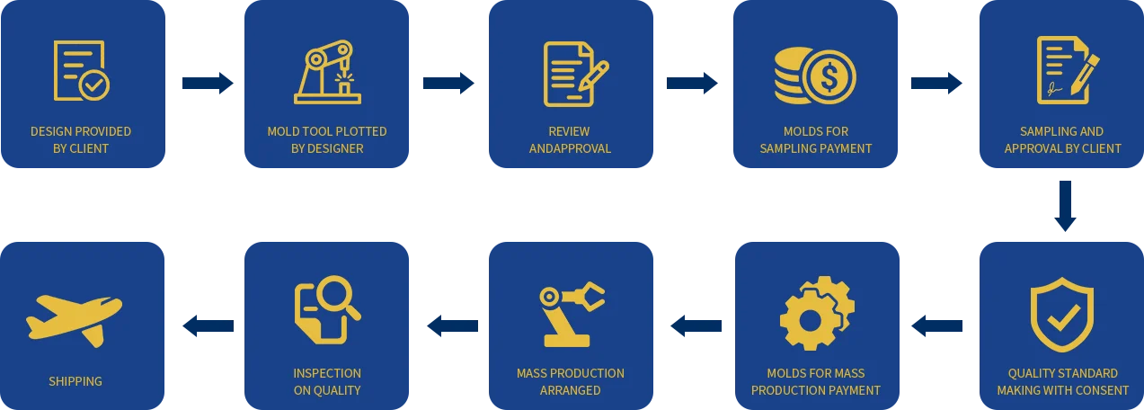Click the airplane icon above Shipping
(74, 318)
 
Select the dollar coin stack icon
(815, 74)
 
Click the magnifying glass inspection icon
(326, 309)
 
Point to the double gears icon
(816, 313)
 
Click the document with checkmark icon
(81, 71)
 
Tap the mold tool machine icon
(327, 72)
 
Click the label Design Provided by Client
(81, 139)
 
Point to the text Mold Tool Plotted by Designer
(327, 139)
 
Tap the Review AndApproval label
(570, 139)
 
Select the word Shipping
(75, 381)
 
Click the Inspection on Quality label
(327, 381)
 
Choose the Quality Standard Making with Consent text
(1062, 381)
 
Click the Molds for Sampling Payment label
(816, 139)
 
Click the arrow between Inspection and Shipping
(206, 325)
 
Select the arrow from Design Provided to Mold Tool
(206, 84)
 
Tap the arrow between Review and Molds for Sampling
(693, 84)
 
